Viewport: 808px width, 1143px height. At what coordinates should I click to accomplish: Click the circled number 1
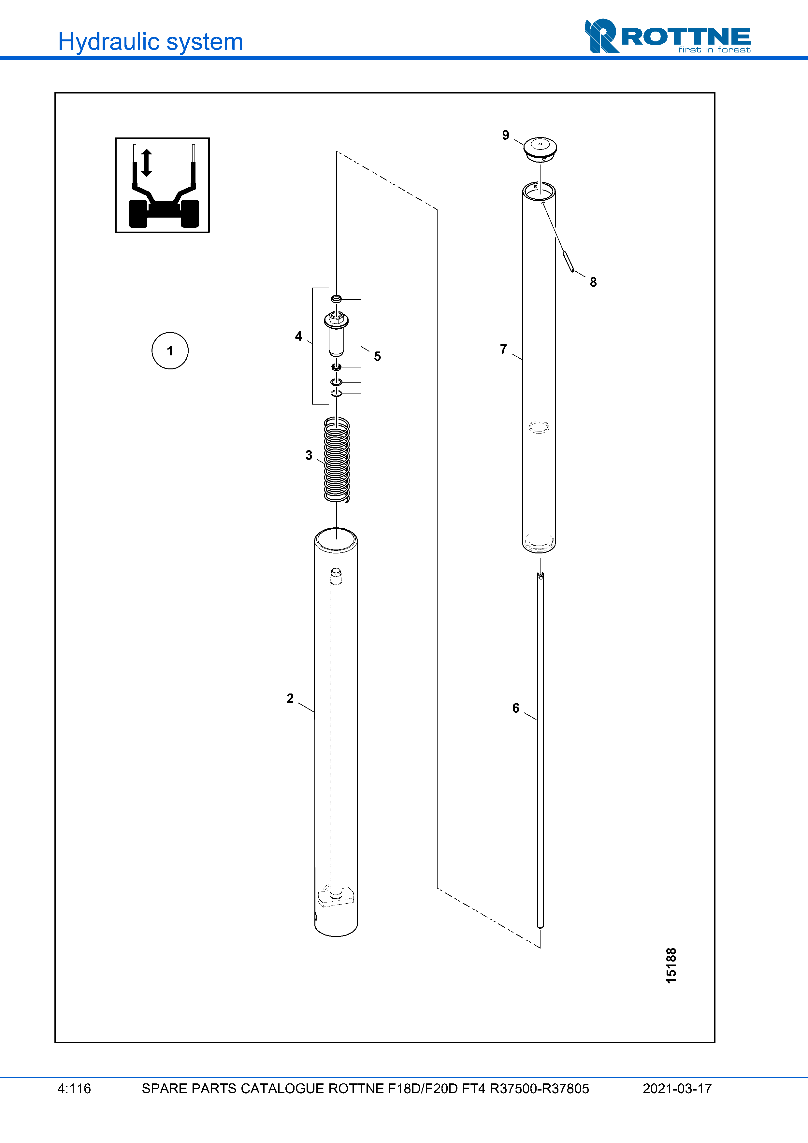170,351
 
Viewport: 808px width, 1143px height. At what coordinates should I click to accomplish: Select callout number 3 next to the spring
309,455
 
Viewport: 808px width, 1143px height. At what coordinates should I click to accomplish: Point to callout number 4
298,336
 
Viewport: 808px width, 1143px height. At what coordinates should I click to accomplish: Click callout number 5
377,356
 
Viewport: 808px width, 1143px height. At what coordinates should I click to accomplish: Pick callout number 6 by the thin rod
516,708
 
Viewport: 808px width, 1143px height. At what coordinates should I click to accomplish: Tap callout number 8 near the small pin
593,282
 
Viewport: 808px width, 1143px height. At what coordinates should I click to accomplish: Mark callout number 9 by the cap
505,135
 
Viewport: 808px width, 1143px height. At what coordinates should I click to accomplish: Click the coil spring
337,459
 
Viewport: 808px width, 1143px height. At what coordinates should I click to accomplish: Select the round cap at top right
540,148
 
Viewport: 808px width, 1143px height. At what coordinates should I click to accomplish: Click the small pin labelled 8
569,262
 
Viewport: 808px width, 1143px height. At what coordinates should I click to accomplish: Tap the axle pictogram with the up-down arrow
162,185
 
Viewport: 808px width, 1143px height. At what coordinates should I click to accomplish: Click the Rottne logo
667,36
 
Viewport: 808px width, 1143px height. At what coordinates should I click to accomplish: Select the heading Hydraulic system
150,42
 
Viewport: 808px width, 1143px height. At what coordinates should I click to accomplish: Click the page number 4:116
74,1088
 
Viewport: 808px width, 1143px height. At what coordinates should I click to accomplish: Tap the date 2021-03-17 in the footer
677,1088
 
